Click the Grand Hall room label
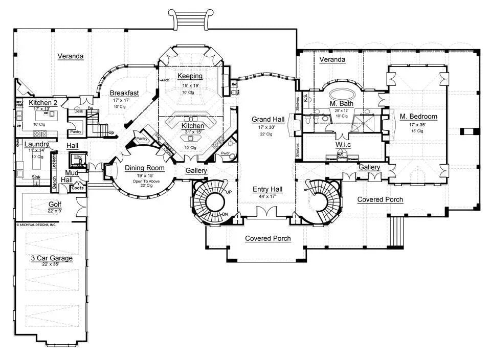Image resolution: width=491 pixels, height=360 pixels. click(x=264, y=120)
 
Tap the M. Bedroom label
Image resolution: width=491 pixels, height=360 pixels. click(x=418, y=117)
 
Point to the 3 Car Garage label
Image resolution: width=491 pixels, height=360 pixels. click(x=52, y=258)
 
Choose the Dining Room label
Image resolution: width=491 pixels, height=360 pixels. click(x=144, y=168)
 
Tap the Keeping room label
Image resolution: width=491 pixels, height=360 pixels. click(x=190, y=76)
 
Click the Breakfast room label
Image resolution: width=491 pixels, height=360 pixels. click(x=124, y=93)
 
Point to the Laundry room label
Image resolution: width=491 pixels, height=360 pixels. click(x=36, y=145)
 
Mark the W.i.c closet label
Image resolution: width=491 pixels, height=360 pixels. click(x=342, y=145)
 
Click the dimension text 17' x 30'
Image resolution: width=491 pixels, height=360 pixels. click(x=264, y=127)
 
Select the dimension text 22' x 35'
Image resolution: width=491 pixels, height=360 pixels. click(x=52, y=264)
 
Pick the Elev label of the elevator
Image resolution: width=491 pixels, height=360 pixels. click(x=78, y=157)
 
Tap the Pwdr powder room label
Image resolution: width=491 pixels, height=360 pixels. click(x=225, y=153)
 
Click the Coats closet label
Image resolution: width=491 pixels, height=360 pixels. click(x=78, y=188)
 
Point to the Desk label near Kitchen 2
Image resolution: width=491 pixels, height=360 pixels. click(x=78, y=111)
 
